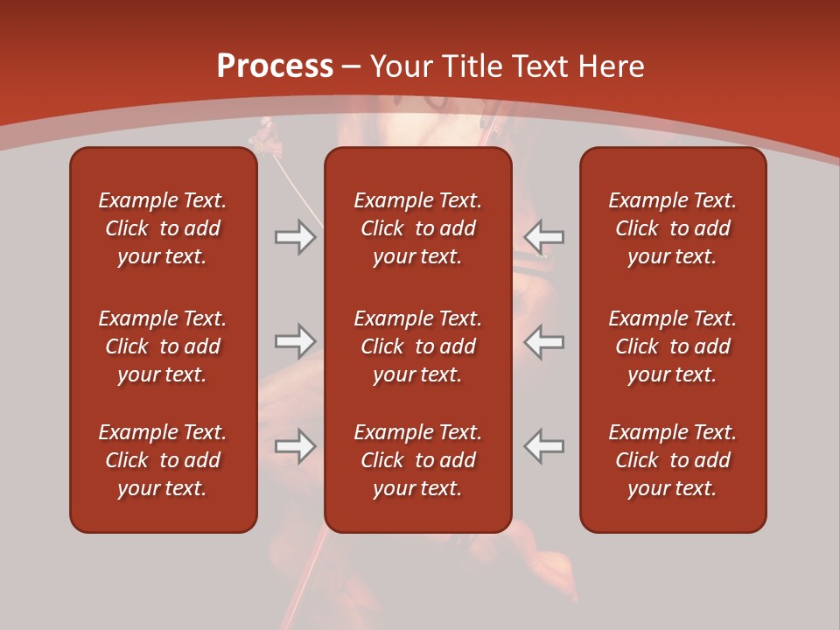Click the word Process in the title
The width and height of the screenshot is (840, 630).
pyautogui.click(x=275, y=66)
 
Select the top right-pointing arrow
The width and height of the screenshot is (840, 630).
pyautogui.click(x=295, y=237)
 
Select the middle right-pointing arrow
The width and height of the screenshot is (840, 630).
pyautogui.click(x=295, y=341)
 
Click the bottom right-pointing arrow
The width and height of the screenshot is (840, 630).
pyautogui.click(x=295, y=446)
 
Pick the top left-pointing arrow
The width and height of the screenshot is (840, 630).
pyautogui.click(x=544, y=236)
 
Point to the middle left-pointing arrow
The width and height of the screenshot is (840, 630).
pyautogui.click(x=544, y=341)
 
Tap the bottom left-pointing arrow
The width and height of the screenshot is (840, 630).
pyautogui.click(x=544, y=446)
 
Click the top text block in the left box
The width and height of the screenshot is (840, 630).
pyautogui.click(x=163, y=228)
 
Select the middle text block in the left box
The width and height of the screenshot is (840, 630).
pyautogui.click(x=163, y=346)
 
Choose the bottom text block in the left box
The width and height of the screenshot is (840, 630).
pyautogui.click(x=163, y=460)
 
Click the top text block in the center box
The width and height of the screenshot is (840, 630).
pyautogui.click(x=417, y=228)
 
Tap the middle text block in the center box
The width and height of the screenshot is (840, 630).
pyautogui.click(x=417, y=346)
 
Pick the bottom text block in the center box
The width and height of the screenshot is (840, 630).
pyautogui.click(x=417, y=460)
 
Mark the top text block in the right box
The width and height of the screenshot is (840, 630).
pyautogui.click(x=672, y=228)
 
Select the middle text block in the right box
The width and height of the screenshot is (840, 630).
pyautogui.click(x=672, y=346)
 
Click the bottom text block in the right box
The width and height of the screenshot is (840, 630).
pyautogui.click(x=672, y=460)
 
